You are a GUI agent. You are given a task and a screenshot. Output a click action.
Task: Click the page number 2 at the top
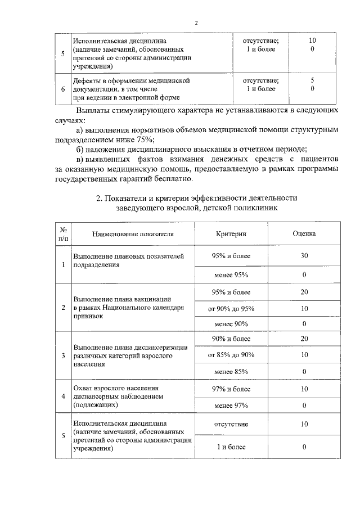pyautogui.click(x=196, y=23)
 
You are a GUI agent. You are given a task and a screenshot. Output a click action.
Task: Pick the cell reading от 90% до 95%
pyautogui.click(x=231, y=308)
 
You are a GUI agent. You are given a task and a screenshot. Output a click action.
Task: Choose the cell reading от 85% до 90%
pyautogui.click(x=231, y=355)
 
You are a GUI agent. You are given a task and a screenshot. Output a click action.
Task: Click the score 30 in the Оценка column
pyautogui.click(x=304, y=256)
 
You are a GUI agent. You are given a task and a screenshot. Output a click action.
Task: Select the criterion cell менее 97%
pyautogui.click(x=231, y=405)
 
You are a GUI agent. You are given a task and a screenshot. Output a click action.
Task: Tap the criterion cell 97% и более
pyautogui.click(x=231, y=389)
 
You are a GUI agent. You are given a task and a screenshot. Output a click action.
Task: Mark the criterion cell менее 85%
pyautogui.click(x=231, y=371)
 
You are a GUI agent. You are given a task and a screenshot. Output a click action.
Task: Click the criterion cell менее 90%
pyautogui.click(x=231, y=324)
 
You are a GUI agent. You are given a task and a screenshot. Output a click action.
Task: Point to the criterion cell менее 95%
pyautogui.click(x=231, y=274)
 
